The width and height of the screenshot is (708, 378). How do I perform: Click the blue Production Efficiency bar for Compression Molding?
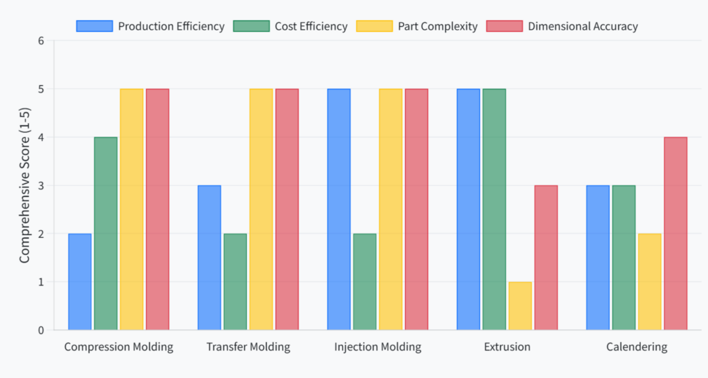(80, 282)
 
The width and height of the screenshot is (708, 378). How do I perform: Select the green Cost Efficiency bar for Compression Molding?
(106, 234)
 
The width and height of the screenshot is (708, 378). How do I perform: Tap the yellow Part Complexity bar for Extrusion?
(520, 306)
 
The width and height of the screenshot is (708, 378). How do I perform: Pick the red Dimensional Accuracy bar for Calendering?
(676, 234)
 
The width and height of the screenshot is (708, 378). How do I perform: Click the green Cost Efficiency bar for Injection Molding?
(364, 282)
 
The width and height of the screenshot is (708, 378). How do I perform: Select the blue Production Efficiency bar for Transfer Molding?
(209, 258)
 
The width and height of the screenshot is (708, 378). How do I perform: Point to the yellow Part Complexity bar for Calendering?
(649, 282)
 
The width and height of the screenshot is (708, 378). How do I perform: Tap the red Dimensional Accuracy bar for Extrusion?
(546, 258)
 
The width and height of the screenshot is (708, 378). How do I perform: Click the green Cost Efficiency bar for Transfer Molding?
(235, 282)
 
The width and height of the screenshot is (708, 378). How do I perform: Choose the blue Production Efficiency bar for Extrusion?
(468, 209)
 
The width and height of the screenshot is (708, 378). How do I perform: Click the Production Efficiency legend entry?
(150, 26)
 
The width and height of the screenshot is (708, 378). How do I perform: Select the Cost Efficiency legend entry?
(290, 26)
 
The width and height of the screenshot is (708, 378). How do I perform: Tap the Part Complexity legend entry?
(417, 26)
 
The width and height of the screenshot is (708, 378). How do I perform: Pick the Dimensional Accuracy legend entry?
(561, 26)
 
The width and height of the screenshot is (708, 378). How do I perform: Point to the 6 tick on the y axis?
(41, 41)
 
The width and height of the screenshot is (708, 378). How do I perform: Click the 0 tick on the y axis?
(41, 330)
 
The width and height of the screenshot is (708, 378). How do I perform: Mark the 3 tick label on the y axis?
(41, 185)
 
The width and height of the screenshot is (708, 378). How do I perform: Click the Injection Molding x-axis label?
(378, 347)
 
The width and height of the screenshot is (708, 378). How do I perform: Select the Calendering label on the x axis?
(637, 347)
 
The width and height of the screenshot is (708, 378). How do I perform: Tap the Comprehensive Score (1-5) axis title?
(24, 185)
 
